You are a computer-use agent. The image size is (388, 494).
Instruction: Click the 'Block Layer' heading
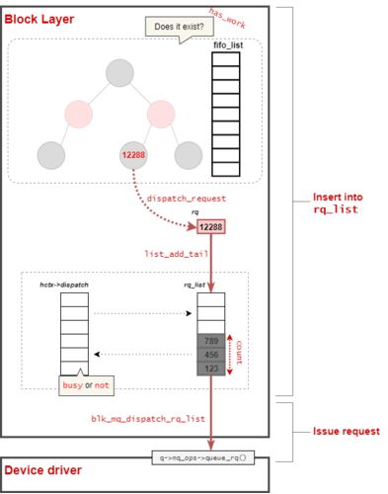[x=39, y=19]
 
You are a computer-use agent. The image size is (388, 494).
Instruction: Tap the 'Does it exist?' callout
[x=180, y=27]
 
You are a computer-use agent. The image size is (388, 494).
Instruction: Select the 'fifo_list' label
[x=228, y=45]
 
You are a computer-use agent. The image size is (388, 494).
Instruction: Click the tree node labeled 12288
[x=133, y=155]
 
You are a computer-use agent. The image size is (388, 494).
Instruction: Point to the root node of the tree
[x=119, y=73]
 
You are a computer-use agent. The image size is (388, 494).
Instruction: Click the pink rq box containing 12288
[x=211, y=227]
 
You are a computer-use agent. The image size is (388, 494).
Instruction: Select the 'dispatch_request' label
[x=187, y=199]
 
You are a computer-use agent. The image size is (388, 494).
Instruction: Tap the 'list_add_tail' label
[x=177, y=254]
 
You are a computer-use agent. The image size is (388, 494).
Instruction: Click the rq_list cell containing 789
[x=211, y=341]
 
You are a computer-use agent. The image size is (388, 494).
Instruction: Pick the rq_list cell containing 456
[x=211, y=355]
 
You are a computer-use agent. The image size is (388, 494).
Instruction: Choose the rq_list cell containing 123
[x=211, y=369]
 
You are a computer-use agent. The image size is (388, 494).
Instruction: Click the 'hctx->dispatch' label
[x=64, y=285]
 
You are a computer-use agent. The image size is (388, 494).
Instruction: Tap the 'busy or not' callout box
[x=86, y=385]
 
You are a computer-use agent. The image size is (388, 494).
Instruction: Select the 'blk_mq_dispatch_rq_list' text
[x=148, y=419]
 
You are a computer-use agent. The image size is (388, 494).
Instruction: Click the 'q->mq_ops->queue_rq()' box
[x=203, y=457]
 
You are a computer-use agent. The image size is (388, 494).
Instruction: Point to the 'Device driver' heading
[x=43, y=470]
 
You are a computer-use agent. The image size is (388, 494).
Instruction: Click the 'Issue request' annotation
[x=347, y=431]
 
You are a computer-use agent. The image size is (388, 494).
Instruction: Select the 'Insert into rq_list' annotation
[x=338, y=204]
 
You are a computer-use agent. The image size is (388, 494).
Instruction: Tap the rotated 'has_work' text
[x=227, y=18]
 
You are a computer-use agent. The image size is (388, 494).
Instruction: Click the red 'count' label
[x=239, y=353]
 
